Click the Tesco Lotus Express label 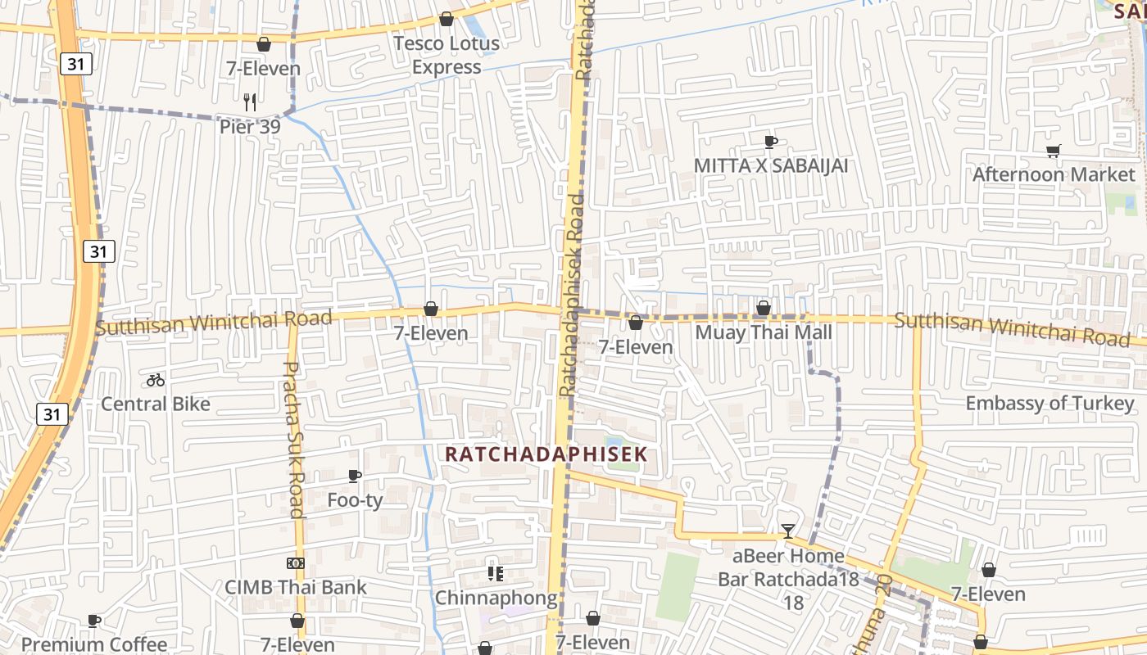(x=447, y=55)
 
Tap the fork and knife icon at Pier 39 (x=250, y=102)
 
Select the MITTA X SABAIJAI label (x=770, y=165)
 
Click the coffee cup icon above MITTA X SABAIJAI (x=770, y=142)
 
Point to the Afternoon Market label (x=1054, y=174)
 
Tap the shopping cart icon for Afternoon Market (x=1053, y=151)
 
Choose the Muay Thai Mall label (x=763, y=332)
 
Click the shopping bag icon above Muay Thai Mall (x=763, y=309)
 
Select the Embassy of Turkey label (x=1050, y=403)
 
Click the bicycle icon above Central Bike (x=156, y=380)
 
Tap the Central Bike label (x=156, y=404)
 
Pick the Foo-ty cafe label (x=355, y=499)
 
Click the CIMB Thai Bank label (x=296, y=587)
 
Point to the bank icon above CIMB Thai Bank (x=296, y=563)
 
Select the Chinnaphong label (x=496, y=598)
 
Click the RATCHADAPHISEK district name (x=546, y=454)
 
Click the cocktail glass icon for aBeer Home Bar (x=787, y=531)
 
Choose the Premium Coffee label (x=94, y=644)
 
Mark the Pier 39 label (x=250, y=127)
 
